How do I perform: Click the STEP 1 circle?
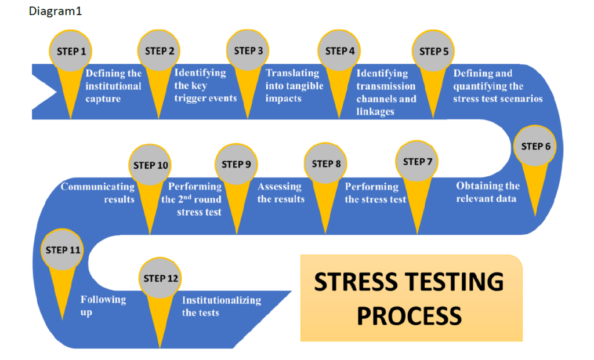pyautogui.click(x=71, y=51)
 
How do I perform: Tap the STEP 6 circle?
pyautogui.click(x=535, y=146)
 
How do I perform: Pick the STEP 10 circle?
pyautogui.click(x=151, y=165)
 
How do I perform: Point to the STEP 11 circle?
pyautogui.click(x=63, y=250)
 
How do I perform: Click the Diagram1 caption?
pyautogui.click(x=55, y=11)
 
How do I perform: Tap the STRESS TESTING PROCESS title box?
pyautogui.click(x=411, y=298)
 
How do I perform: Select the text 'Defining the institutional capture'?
pyautogui.click(x=113, y=86)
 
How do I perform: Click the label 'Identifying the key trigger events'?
pyautogui.click(x=205, y=85)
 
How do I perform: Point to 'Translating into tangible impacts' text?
pyautogui.click(x=294, y=85)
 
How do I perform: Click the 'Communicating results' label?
pyautogui.click(x=98, y=192)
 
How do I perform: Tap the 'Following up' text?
pyautogui.click(x=103, y=306)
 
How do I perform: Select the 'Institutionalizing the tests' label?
pyautogui.click(x=221, y=306)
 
